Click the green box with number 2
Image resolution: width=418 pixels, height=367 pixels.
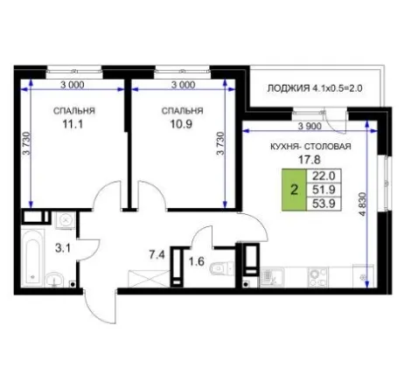(294, 190)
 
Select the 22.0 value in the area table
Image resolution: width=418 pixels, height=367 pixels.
(324, 176)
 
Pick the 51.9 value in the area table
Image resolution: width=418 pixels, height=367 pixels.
(324, 190)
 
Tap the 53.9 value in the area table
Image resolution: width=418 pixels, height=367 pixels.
(324, 204)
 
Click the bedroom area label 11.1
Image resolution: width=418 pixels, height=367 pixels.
(73, 124)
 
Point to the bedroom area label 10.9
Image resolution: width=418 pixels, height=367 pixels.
(181, 124)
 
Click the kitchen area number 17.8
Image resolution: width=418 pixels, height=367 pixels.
(310, 160)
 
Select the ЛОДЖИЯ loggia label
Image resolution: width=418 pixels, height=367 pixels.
(289, 88)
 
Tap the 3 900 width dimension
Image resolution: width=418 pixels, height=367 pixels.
(310, 126)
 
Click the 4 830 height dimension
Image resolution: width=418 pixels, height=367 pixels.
(363, 204)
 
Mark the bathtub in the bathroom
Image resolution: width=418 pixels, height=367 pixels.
(32, 258)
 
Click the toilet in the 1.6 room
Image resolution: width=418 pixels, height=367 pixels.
(221, 268)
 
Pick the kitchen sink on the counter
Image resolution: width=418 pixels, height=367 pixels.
(271, 277)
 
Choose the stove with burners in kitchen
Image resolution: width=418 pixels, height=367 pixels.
(317, 277)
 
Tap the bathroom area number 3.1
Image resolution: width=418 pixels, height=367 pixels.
(63, 248)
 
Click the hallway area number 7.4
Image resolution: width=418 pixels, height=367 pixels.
(157, 255)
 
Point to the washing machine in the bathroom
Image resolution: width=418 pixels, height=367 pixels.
(66, 220)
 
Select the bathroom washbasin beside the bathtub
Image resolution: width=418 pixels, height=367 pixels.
(54, 279)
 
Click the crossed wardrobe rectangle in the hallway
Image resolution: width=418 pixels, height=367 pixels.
(149, 279)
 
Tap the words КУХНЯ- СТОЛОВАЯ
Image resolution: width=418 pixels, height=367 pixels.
(310, 147)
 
